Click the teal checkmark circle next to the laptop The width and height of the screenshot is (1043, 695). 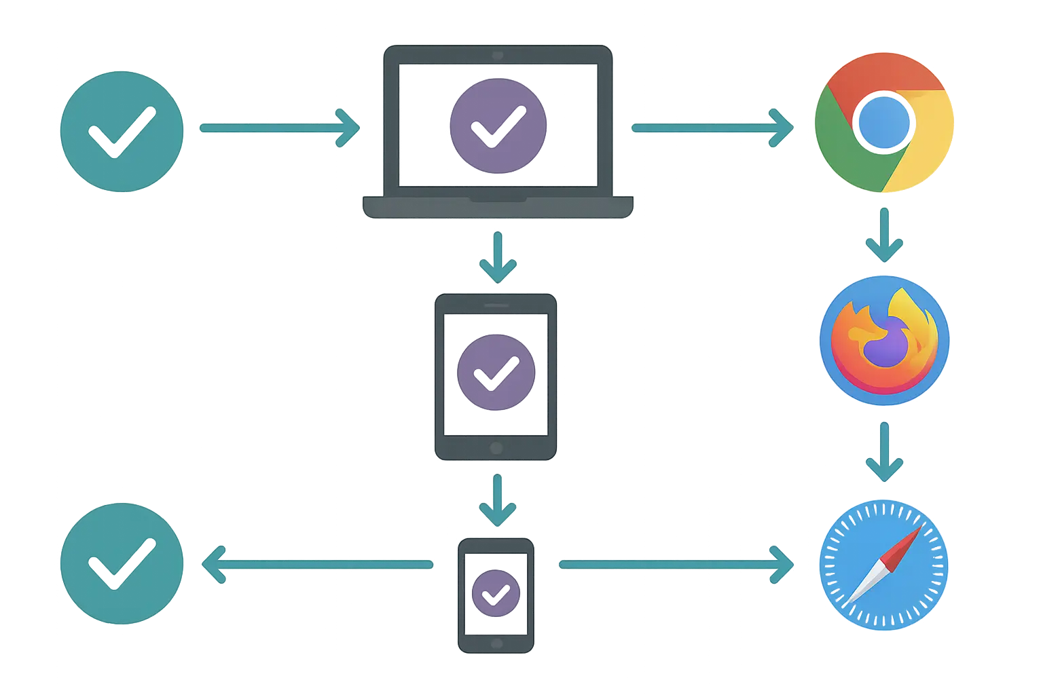coord(122,132)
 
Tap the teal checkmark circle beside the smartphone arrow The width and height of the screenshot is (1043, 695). coord(122,562)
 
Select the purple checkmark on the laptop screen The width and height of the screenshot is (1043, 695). coord(496,126)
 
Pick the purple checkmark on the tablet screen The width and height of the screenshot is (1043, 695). coord(496,371)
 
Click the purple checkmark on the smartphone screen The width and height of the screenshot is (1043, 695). coord(496,593)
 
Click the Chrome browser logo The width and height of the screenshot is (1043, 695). coord(884,123)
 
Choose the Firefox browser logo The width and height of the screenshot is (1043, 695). coord(883,341)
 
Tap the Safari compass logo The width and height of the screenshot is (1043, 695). coord(883,565)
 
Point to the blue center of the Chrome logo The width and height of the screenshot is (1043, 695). coord(883,123)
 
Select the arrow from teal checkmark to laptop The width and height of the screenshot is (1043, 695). coord(279,128)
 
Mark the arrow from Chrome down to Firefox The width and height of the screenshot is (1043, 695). coord(883,235)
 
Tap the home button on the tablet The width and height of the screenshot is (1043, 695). coord(496,448)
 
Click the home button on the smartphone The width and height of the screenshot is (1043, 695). coord(496,643)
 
